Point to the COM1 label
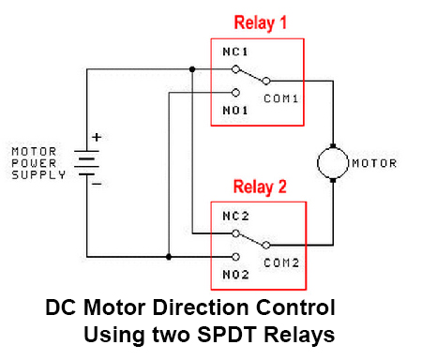click(279, 97)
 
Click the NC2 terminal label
click(234, 216)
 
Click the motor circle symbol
click(333, 162)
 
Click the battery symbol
click(87, 163)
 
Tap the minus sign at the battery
click(96, 185)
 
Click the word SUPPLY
click(38, 175)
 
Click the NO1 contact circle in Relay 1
click(234, 92)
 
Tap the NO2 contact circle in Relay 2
click(234, 255)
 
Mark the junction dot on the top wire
click(191, 69)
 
